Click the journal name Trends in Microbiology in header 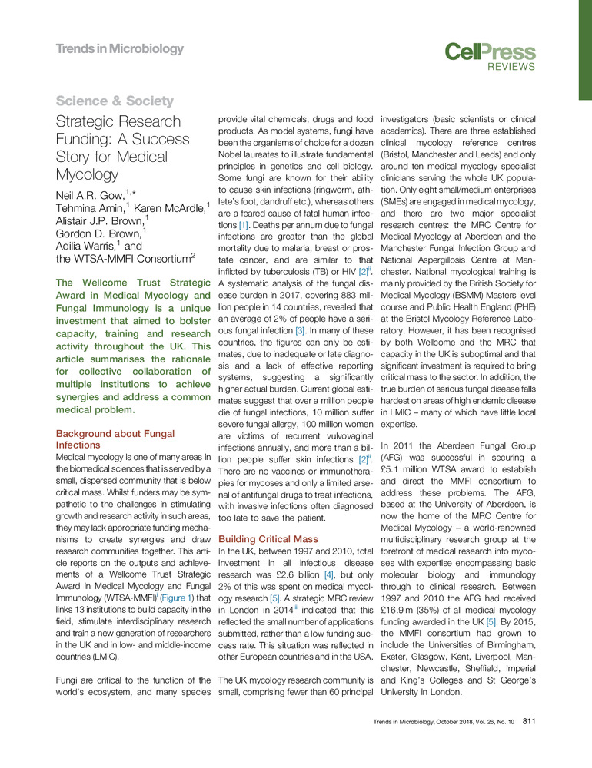[120, 49]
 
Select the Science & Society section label [115, 101]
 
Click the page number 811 [529, 720]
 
